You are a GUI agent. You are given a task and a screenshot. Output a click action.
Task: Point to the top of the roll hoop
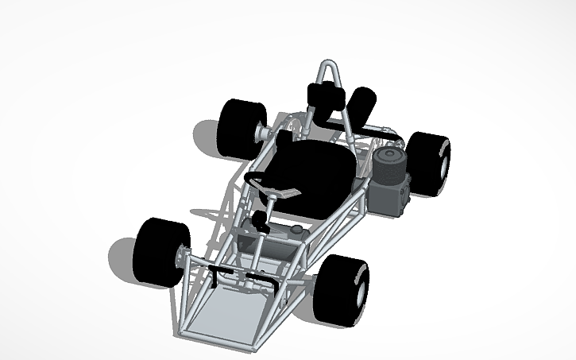click(x=328, y=64)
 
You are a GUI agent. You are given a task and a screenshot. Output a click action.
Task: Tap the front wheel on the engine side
click(x=342, y=288)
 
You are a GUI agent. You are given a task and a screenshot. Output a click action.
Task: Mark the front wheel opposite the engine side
click(x=161, y=250)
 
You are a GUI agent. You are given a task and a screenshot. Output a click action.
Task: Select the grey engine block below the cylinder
click(x=391, y=197)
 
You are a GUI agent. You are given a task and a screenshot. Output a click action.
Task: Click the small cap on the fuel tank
click(x=297, y=230)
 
